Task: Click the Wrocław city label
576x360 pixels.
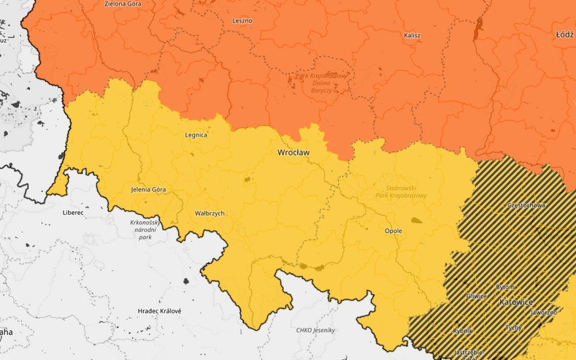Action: (x=293, y=153)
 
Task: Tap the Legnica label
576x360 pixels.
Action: (x=196, y=135)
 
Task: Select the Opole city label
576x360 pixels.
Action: (x=393, y=231)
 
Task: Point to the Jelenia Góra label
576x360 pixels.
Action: (x=148, y=190)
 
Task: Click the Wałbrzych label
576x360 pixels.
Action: (x=210, y=213)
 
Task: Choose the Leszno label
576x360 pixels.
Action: (x=242, y=20)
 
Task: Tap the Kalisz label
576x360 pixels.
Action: (x=412, y=35)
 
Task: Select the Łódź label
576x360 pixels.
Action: (x=564, y=34)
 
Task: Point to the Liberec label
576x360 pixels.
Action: (x=73, y=213)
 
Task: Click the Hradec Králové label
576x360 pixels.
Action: (x=159, y=311)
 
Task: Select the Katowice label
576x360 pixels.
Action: (x=517, y=302)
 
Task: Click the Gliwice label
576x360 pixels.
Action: (x=477, y=296)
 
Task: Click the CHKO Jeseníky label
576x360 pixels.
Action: (x=315, y=330)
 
